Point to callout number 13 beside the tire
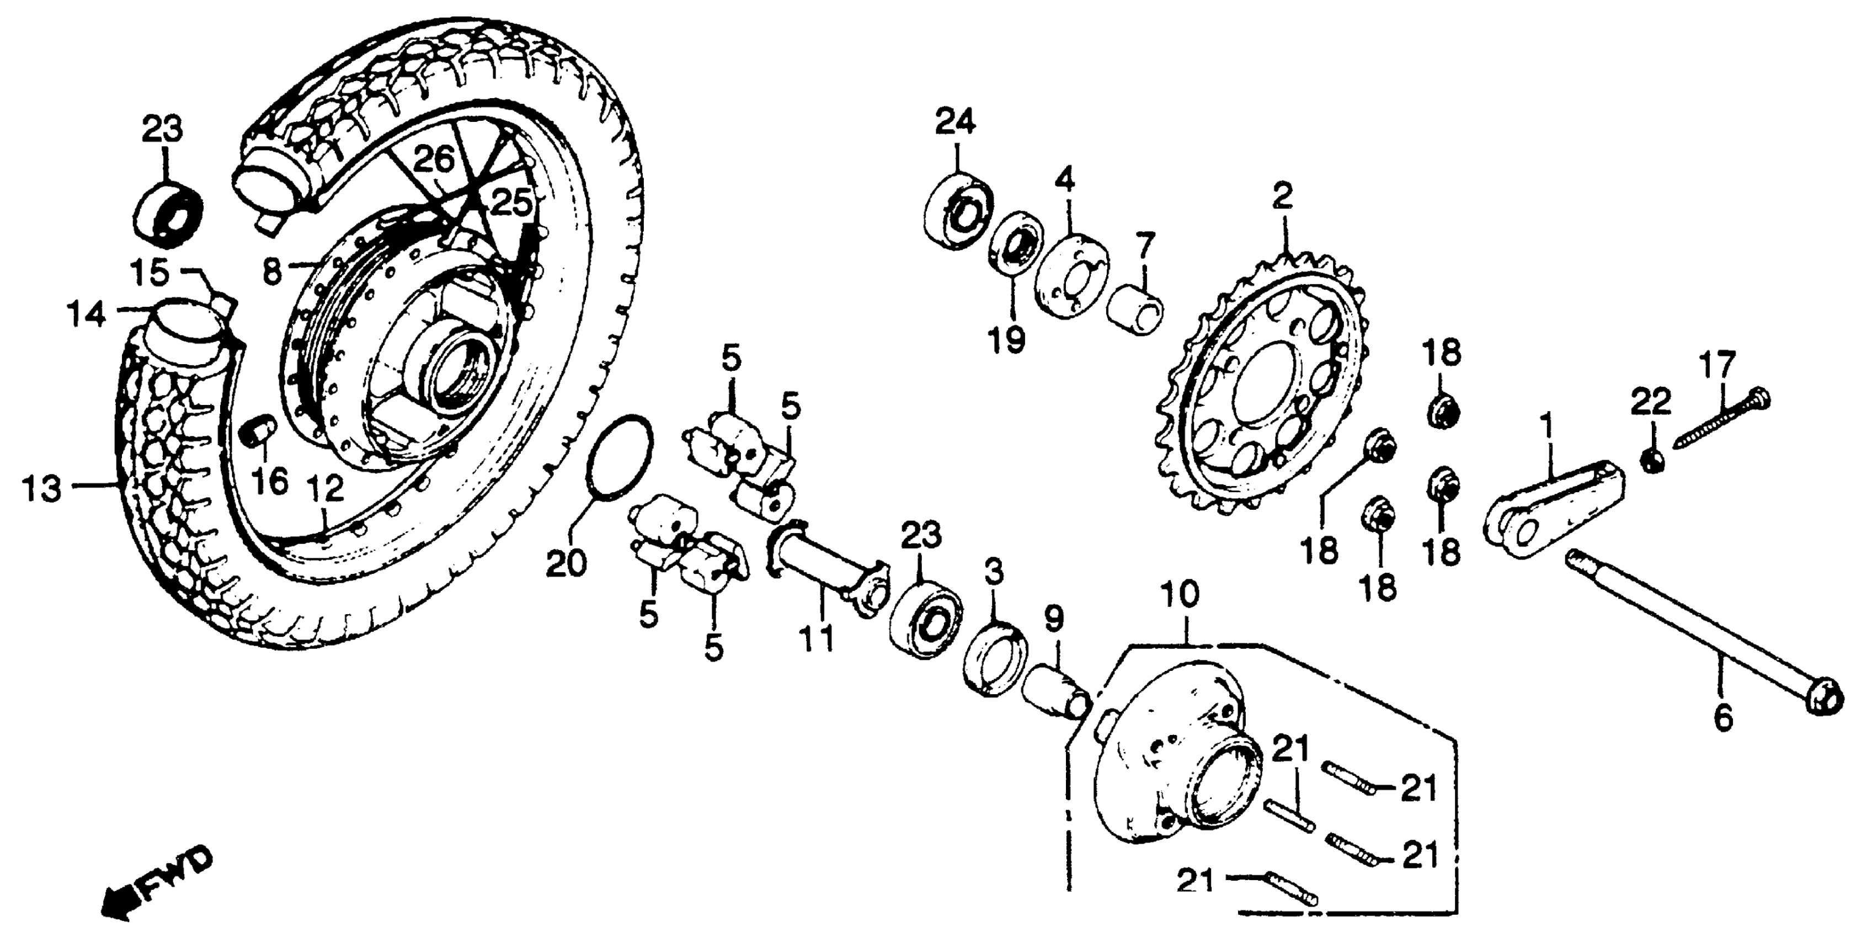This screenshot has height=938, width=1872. [41, 488]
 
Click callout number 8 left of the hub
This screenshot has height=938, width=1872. [270, 273]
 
